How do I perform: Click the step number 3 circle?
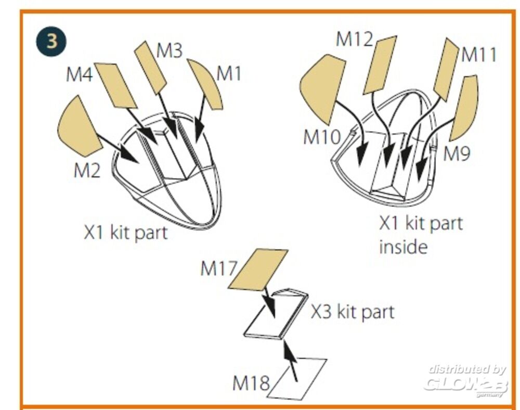51,42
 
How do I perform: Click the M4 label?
79,75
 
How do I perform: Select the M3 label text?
170,52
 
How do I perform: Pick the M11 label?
479,55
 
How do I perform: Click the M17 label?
218,269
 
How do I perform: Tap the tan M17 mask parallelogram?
258,268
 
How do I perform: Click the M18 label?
251,384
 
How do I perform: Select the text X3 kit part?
353,312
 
